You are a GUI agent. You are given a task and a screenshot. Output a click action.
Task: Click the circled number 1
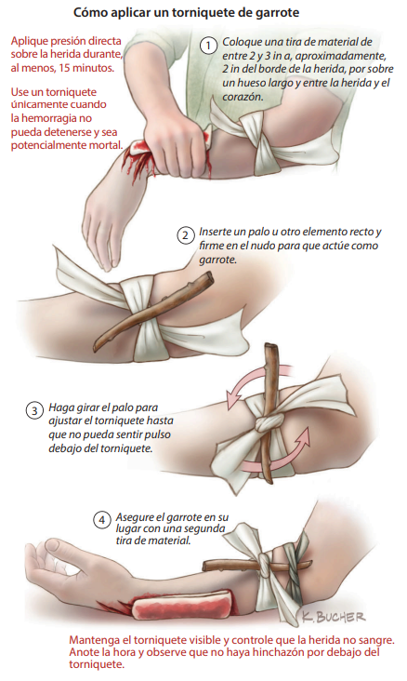(209, 46)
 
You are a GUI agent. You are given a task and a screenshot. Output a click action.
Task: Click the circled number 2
(185, 235)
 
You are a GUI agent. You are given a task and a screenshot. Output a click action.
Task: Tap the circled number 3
(34, 410)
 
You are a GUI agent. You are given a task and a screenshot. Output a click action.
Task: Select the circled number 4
(102, 520)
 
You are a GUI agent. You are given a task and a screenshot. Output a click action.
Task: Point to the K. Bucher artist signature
(334, 616)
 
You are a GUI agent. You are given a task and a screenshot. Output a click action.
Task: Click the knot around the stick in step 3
(269, 421)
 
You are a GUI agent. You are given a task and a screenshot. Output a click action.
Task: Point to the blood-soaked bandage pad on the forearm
(182, 604)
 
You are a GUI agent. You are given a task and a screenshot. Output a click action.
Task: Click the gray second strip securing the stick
(295, 565)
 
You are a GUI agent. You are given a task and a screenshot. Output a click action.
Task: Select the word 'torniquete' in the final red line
(97, 664)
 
